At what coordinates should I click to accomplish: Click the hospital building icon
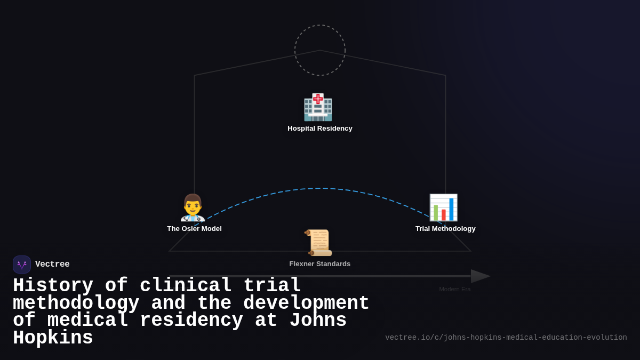click(318, 108)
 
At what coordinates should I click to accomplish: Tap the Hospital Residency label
click(320, 129)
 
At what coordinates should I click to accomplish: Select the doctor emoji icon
click(193, 207)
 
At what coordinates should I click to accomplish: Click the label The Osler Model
click(194, 229)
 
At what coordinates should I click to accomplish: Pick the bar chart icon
click(443, 207)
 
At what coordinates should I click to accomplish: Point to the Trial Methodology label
click(445, 229)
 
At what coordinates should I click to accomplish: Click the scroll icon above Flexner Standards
click(318, 243)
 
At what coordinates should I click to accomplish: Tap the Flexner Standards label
click(320, 264)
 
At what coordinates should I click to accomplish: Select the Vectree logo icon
click(22, 265)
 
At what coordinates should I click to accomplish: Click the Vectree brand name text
click(52, 265)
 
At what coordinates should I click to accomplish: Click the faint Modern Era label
click(455, 289)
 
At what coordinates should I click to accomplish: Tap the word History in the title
click(53, 286)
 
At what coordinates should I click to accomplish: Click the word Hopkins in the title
click(53, 338)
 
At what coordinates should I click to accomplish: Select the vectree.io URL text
click(506, 338)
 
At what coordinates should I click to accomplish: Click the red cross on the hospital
click(318, 99)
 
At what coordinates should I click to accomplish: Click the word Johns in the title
click(318, 321)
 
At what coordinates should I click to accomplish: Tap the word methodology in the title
click(76, 303)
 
